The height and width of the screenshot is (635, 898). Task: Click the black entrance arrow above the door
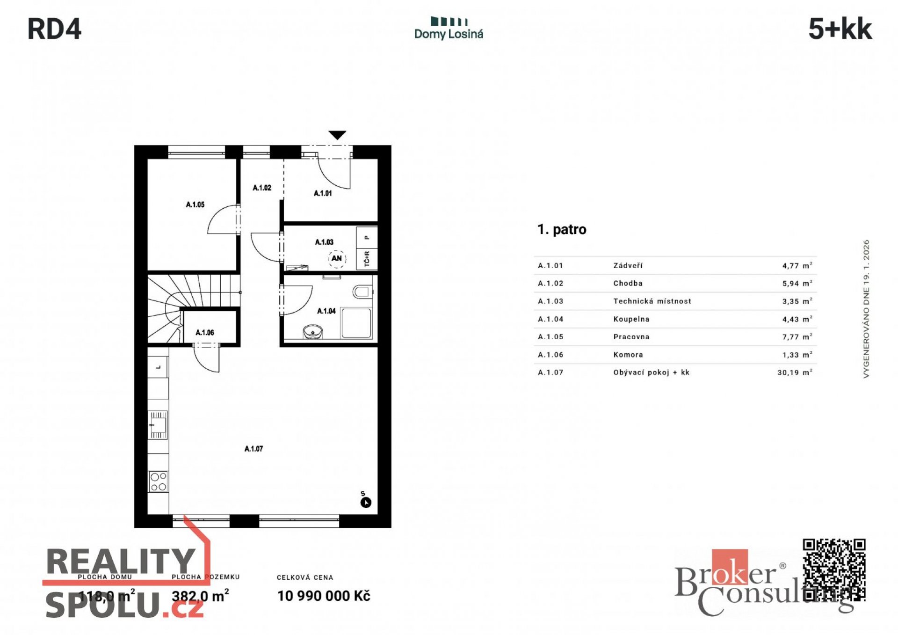tap(337, 135)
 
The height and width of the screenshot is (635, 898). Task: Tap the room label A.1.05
tap(195, 204)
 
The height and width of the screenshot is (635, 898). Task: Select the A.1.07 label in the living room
tap(253, 449)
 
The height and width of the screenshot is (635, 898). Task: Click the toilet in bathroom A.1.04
tap(362, 292)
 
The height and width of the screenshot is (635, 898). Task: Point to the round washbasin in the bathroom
tap(312, 332)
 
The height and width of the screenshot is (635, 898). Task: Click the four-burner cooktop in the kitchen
tap(158, 482)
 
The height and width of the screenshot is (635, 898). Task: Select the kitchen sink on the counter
tap(158, 425)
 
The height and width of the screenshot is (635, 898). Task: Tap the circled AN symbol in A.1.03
tap(337, 258)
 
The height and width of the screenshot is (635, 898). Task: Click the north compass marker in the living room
tap(366, 503)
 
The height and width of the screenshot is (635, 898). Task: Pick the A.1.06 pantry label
tap(205, 333)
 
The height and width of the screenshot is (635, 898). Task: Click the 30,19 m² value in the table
tap(795, 372)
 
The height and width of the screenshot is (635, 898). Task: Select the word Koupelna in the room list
tap(631, 319)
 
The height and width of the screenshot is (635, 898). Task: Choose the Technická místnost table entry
tap(652, 301)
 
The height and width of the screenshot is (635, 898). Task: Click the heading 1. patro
tap(562, 230)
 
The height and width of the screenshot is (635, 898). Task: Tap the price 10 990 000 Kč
tap(324, 596)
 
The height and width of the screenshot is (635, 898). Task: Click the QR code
tap(834, 570)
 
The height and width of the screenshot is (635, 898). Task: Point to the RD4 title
tap(55, 29)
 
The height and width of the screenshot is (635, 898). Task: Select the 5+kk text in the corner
tap(840, 29)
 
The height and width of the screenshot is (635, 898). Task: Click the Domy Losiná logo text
tap(449, 34)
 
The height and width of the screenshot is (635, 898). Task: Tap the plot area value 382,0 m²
tap(200, 596)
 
